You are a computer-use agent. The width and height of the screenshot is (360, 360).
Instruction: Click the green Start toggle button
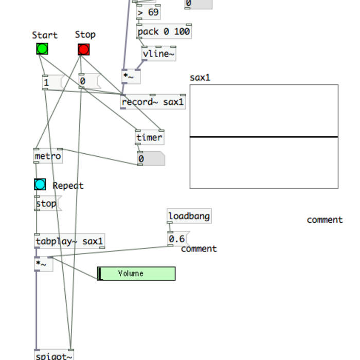[42, 49]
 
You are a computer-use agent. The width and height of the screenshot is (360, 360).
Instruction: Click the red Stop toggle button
[84, 49]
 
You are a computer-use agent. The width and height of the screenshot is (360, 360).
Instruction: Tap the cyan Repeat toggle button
[40, 185]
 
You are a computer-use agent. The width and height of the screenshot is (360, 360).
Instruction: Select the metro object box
[48, 156]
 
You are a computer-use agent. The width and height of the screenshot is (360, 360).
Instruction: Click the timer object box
[150, 137]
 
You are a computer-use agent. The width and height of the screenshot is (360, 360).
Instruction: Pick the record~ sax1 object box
[153, 102]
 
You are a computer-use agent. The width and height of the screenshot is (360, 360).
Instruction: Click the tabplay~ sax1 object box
[69, 241]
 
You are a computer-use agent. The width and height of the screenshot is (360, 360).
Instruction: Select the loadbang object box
[189, 216]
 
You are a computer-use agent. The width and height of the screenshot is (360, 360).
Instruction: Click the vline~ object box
[158, 53]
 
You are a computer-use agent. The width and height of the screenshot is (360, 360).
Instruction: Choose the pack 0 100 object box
[164, 31]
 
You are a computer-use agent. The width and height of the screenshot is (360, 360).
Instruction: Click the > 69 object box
[148, 12]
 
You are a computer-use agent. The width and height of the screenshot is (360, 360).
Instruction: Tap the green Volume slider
[136, 274]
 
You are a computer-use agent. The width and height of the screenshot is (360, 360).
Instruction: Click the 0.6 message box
[177, 239]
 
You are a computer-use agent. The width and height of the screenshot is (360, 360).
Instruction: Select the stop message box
[46, 204]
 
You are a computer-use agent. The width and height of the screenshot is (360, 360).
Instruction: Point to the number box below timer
[151, 159]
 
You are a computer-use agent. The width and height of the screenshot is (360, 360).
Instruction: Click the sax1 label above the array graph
[200, 78]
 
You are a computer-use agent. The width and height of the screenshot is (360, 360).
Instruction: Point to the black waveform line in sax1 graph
[264, 137]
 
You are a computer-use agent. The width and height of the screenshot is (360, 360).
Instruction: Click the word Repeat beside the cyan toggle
[68, 186]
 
